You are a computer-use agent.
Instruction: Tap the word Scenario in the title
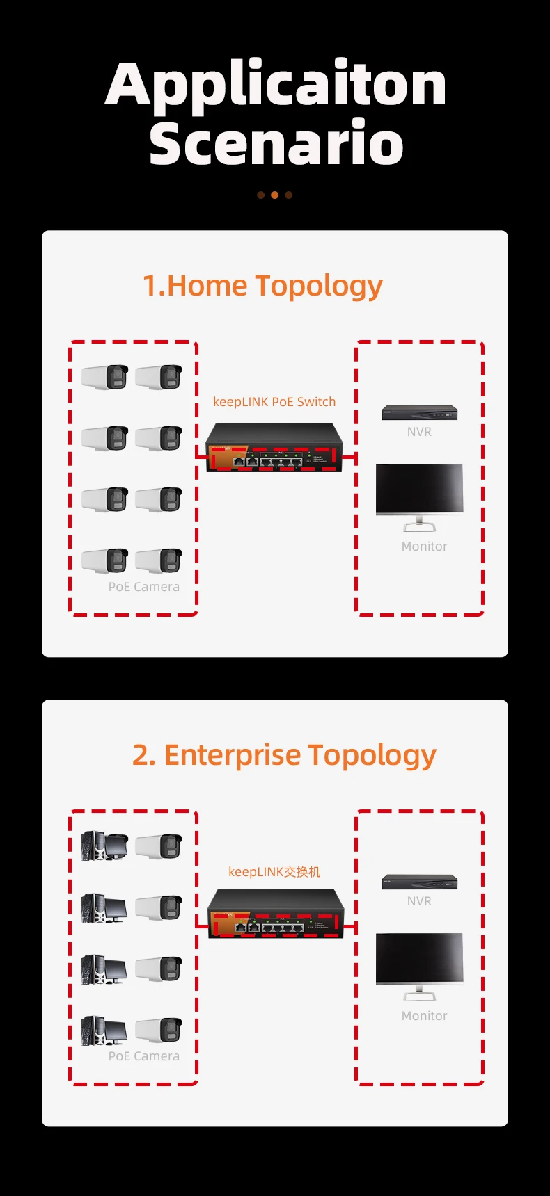coord(276,143)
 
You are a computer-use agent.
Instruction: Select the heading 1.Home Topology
coord(262,286)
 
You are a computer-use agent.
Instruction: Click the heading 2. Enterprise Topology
coord(284,755)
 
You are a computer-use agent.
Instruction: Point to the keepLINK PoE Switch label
coord(274,402)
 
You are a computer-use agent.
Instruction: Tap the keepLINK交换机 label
coord(274,872)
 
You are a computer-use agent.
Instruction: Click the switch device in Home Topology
coord(274,448)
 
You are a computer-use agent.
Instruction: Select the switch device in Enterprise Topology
coord(276,914)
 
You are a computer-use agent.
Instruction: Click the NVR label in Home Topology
coord(419,432)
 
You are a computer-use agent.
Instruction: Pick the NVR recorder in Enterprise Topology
coord(419,882)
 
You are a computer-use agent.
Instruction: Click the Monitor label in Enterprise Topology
coord(424,1016)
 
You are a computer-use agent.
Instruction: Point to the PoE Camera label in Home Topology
coord(144,587)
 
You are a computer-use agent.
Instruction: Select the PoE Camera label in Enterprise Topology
coord(144,1056)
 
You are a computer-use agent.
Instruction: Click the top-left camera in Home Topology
coord(105,377)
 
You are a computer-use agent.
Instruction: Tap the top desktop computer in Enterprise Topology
coord(104,846)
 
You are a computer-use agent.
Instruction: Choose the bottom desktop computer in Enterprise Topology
coord(104,1030)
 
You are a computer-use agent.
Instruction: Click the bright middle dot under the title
coord(275,195)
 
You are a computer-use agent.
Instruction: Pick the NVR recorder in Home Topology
coord(419,413)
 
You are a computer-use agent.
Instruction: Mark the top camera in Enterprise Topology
coord(159,846)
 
